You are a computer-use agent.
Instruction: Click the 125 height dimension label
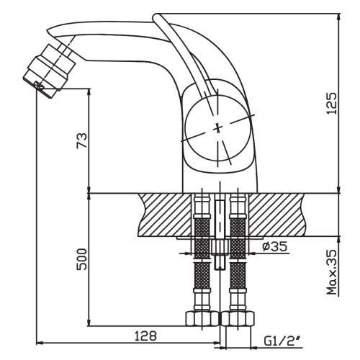[333, 103]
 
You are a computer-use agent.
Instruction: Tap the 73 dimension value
[81, 140]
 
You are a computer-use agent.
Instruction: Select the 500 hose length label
[81, 259]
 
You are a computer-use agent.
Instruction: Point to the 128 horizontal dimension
[145, 336]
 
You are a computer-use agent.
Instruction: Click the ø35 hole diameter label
[274, 246]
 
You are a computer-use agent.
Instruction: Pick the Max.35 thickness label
[333, 272]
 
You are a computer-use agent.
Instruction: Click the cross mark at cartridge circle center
[217, 128]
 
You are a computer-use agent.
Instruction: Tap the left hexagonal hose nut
[202, 318]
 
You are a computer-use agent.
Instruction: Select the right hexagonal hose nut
[238, 318]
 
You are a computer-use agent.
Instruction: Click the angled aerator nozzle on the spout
[50, 71]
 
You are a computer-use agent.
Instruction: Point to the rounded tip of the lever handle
[156, 17]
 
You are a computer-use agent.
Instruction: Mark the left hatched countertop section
[165, 215]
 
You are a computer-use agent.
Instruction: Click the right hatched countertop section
[276, 215]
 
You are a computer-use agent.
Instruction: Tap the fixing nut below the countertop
[220, 247]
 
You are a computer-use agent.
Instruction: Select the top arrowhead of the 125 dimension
[339, 17]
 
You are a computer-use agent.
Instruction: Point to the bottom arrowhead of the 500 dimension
[89, 322]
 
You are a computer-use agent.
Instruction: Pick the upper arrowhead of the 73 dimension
[89, 93]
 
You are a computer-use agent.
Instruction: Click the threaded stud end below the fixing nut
[220, 262]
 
